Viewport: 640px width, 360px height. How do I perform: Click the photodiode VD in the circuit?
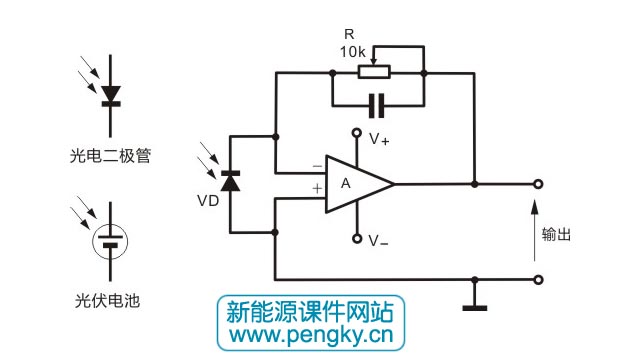point(232,182)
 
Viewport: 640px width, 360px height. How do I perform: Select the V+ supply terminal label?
point(379,141)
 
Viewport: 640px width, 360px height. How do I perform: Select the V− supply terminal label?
point(379,240)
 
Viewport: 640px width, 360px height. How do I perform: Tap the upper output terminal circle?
point(539,184)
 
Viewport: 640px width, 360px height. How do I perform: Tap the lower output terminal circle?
point(539,280)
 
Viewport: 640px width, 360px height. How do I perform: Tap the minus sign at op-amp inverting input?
point(316,167)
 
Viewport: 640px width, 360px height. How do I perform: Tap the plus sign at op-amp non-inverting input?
point(316,187)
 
